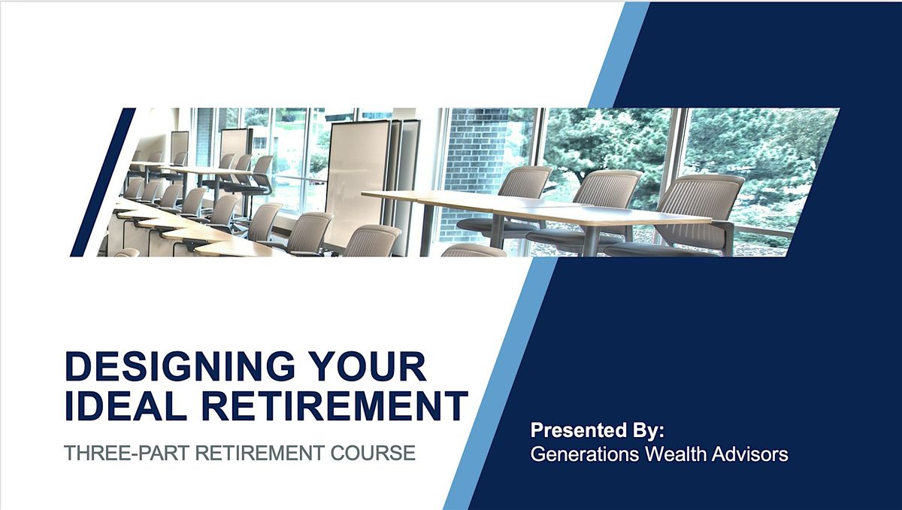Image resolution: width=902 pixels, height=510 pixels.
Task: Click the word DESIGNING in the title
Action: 180,366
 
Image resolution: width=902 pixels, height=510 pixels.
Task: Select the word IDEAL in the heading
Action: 126,405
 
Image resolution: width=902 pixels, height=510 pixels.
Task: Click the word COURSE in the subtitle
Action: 373,453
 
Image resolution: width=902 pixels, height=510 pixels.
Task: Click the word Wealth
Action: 675,454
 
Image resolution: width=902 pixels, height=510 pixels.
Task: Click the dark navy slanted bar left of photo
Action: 103,182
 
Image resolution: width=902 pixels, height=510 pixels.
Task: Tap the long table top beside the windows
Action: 535,208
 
